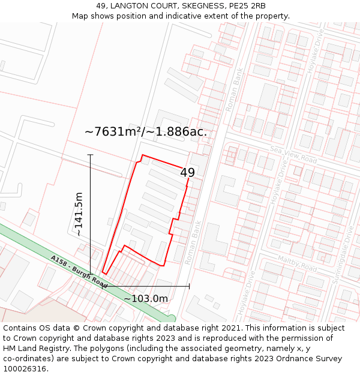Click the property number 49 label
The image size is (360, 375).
coord(187,173)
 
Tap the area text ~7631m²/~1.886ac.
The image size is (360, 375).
coord(146,131)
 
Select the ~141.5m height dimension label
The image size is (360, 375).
coord(79,214)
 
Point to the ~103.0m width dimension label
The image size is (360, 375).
coord(146,298)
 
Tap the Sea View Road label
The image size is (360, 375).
coord(293,155)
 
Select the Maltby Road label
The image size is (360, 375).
coord(297,263)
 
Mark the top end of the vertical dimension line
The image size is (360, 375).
coord(91,155)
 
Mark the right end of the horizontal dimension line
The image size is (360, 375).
coord(189,287)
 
